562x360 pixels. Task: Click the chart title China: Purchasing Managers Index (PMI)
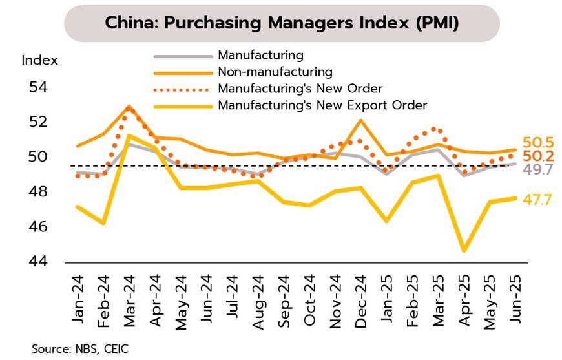[x=282, y=23]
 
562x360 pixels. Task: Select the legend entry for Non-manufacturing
[x=275, y=71]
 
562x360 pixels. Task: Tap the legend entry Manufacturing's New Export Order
[x=322, y=105]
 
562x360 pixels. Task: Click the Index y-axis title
[x=39, y=61]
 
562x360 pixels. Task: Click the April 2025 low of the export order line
[x=463, y=251]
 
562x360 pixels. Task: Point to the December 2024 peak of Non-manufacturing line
[x=360, y=120]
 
